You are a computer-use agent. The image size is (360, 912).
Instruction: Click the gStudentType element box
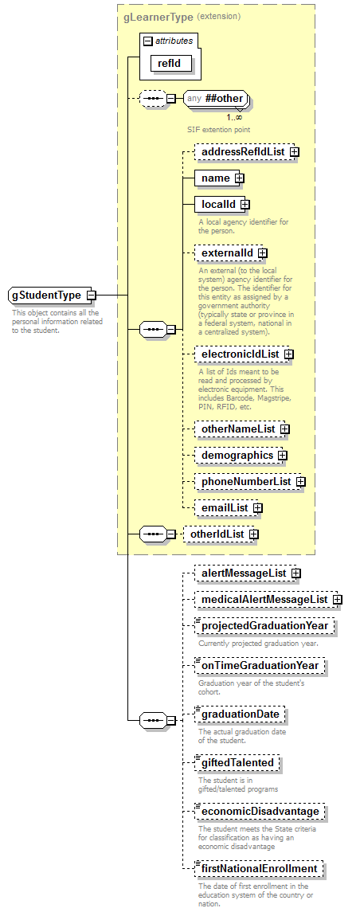[47, 296]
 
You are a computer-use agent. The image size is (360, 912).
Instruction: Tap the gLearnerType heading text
[158, 16]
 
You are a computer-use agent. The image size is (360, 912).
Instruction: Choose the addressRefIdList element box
[242, 151]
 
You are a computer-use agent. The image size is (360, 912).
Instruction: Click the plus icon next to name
[238, 178]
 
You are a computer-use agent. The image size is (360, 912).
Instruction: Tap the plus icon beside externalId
[262, 253]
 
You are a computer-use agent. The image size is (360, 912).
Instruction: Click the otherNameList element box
[237, 429]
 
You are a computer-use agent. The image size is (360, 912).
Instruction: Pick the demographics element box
[237, 456]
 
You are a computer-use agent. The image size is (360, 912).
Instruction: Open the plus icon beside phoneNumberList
[300, 482]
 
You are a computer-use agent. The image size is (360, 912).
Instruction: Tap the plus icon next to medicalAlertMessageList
[337, 599]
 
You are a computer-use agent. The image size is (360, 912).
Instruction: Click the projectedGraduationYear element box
[265, 626]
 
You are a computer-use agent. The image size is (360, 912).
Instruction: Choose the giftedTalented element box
[237, 762]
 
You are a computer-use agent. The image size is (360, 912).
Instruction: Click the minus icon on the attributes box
[147, 40]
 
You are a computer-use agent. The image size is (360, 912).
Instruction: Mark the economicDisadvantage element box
[260, 812]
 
